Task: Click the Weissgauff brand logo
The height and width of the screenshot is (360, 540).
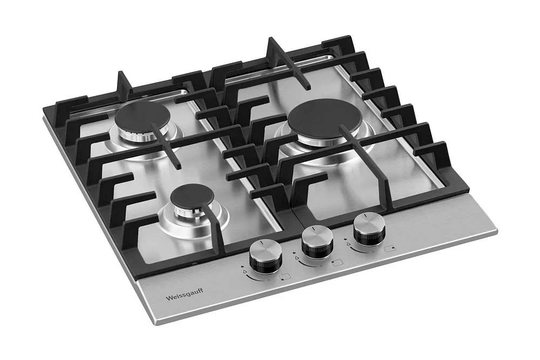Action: (x=184, y=295)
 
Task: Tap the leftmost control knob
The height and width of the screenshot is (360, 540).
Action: (x=262, y=256)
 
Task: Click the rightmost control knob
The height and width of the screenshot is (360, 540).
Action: (x=367, y=229)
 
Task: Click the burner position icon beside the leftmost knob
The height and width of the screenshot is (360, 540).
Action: (x=285, y=276)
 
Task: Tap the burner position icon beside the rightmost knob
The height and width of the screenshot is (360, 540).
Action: (x=390, y=248)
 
